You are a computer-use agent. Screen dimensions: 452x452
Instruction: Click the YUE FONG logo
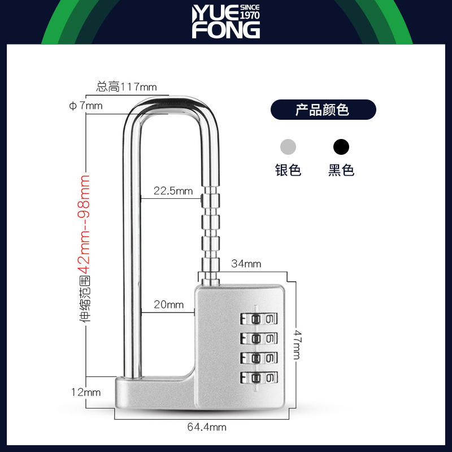click(x=225, y=23)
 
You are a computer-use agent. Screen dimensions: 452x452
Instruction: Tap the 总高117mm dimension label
click(x=126, y=87)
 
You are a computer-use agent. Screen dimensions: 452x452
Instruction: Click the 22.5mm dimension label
click(x=174, y=192)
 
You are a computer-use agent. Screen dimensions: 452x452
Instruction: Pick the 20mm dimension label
click(x=169, y=305)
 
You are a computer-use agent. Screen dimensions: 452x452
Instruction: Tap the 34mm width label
click(x=246, y=263)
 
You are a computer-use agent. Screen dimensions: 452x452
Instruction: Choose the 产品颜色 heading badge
click(x=323, y=109)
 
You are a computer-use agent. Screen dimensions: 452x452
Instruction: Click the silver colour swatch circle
click(x=288, y=147)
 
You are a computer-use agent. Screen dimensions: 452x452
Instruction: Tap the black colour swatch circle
click(x=341, y=147)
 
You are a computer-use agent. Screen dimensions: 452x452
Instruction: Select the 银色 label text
click(x=288, y=170)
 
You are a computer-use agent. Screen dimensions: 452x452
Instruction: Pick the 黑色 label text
click(x=341, y=170)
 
